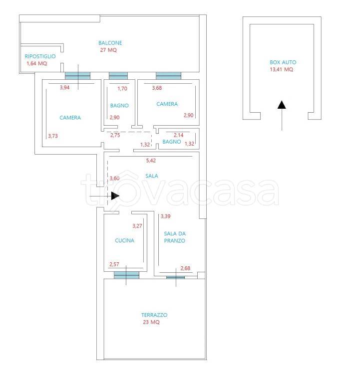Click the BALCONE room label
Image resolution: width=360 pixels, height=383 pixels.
[110, 43]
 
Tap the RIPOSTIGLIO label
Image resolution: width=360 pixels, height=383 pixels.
[40, 56]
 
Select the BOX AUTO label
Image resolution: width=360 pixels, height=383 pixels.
[283, 62]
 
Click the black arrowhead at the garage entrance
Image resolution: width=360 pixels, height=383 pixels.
[282, 105]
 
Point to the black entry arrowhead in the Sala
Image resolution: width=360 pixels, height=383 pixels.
[115, 195]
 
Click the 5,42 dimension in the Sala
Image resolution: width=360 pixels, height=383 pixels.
[151, 161]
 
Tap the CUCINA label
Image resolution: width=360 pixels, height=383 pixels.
[124, 240]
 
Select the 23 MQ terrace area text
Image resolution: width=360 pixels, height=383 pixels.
[151, 322]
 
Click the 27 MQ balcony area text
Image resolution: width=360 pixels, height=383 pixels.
[108, 50]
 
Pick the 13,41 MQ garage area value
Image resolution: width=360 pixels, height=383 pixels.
[281, 69]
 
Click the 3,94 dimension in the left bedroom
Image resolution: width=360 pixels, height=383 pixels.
[64, 87]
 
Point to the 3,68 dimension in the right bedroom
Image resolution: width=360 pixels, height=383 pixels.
[157, 88]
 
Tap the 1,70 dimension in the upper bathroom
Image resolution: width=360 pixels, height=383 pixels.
[122, 88]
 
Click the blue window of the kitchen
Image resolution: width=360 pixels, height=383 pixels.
[126, 275]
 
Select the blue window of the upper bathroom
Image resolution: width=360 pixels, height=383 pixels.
[118, 76]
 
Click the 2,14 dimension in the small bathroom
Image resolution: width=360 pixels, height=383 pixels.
[179, 135]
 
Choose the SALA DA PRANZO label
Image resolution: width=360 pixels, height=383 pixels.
[175, 237]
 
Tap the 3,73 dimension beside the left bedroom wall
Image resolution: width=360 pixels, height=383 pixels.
[53, 136]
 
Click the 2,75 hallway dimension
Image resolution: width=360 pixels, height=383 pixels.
[115, 135]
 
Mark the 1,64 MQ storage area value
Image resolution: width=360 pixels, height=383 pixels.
[36, 63]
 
